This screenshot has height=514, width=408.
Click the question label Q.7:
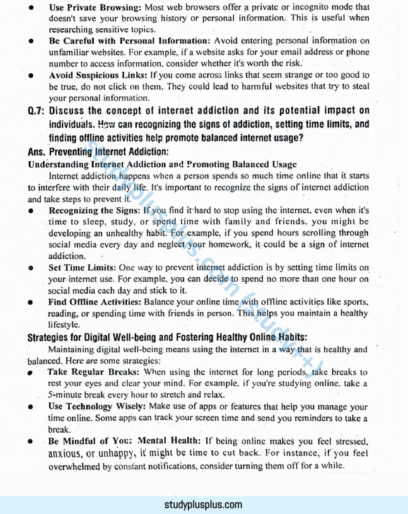[36, 111]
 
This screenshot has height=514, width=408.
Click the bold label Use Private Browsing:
[96, 7]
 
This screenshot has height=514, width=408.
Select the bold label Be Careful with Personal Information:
[129, 41]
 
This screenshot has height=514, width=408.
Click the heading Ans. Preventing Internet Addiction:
[98, 152]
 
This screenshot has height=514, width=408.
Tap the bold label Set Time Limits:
[82, 268]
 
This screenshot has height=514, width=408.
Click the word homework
[229, 245]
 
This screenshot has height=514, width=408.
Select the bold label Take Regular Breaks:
[93, 372]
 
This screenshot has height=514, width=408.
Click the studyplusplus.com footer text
[203, 505]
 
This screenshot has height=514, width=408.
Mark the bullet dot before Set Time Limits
[31, 268]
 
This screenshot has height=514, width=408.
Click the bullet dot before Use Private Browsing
[31, 8]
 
